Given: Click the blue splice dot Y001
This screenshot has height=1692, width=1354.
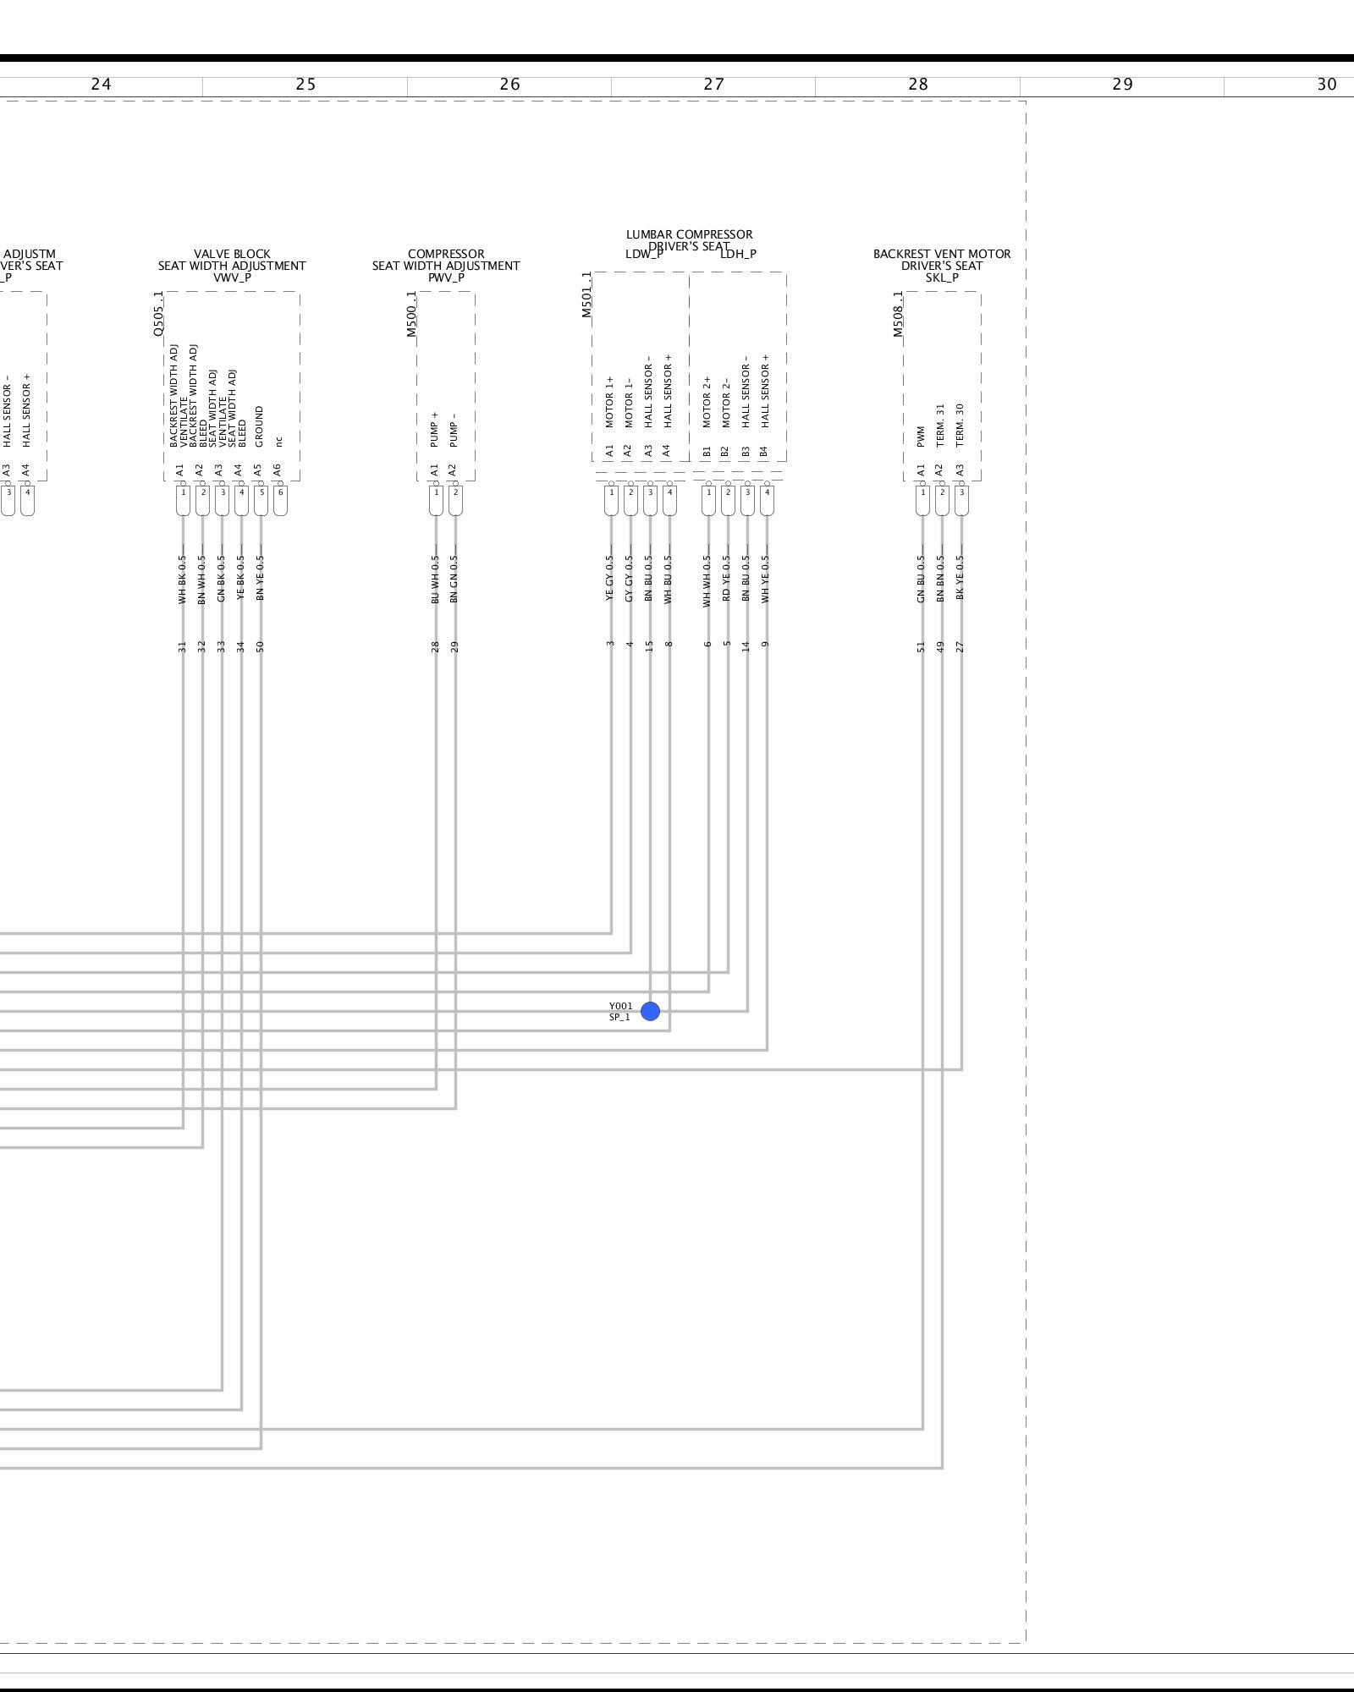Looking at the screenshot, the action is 650,1011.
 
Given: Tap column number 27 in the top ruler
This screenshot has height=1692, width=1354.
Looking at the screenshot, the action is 713,85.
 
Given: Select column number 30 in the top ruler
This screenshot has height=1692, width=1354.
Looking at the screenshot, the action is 1326,85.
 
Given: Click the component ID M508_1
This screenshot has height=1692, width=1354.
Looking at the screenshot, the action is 899,314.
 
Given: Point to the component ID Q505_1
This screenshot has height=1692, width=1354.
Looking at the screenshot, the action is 158,314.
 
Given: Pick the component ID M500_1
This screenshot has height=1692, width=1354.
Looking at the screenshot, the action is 412,314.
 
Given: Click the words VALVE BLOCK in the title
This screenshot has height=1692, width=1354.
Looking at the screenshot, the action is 232,254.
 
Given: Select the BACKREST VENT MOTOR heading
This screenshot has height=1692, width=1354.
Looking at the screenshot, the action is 942,254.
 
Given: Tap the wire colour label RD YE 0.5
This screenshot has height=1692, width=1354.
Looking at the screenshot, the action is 727,579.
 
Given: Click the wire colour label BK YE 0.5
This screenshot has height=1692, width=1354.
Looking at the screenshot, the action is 960,579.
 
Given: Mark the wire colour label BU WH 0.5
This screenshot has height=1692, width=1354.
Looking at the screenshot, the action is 435,579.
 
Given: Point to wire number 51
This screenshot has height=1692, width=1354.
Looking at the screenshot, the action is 922,647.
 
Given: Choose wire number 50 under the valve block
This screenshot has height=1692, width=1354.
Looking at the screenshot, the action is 261,647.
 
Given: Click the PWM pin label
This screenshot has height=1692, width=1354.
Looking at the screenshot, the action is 922,436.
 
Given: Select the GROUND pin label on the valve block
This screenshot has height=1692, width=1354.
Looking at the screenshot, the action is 259,426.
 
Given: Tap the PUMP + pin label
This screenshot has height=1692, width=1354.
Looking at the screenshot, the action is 435,430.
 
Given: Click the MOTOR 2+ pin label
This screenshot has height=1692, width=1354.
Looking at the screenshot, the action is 707,402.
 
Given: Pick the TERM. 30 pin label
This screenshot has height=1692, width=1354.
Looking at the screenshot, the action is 960,425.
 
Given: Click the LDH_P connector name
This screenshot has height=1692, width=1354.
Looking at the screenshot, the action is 738,254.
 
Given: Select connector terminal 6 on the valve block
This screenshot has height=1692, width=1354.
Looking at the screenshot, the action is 280,492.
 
